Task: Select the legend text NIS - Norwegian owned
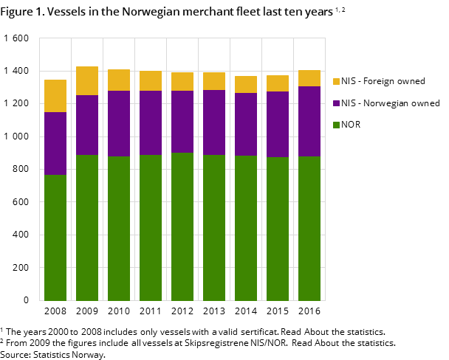[x=390, y=103]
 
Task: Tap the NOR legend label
[x=351, y=125]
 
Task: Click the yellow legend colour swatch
[x=336, y=81]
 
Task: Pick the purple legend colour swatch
[x=336, y=103]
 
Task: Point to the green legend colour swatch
[x=336, y=125]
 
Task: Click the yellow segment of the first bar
[x=55, y=96]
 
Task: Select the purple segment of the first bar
[x=55, y=144]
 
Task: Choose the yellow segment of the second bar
[x=87, y=81]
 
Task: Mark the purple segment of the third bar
[x=119, y=123]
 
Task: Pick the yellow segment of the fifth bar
[x=182, y=81]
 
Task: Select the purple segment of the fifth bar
[x=182, y=122]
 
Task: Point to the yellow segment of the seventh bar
[x=246, y=84]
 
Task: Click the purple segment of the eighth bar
[x=278, y=124]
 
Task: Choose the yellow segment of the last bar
[x=309, y=78]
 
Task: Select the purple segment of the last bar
[x=309, y=121]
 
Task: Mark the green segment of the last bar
[x=309, y=229]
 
